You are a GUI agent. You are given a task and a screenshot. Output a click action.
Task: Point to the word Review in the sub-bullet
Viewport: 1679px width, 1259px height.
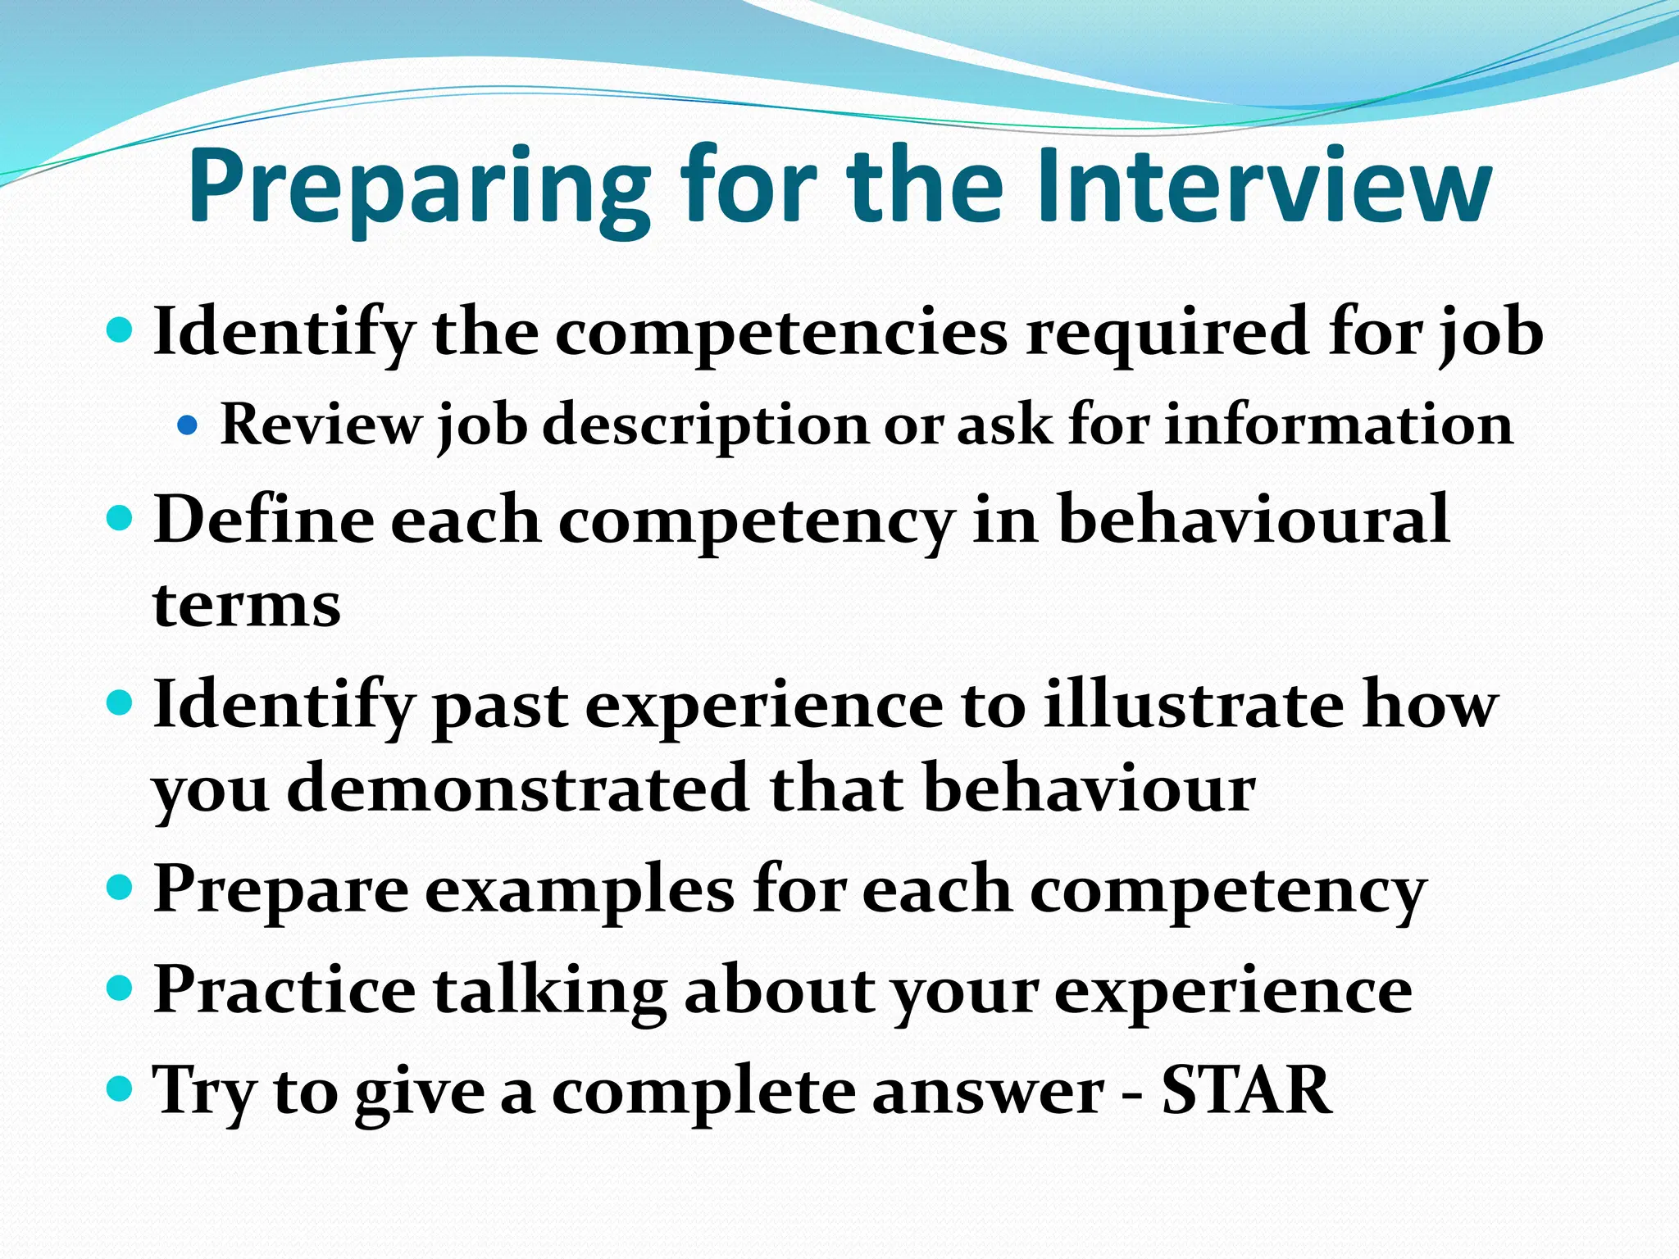(320, 425)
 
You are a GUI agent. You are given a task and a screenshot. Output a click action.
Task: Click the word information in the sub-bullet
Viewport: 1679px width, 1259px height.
(1339, 425)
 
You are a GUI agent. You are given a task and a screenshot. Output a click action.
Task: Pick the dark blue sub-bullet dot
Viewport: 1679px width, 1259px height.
(188, 425)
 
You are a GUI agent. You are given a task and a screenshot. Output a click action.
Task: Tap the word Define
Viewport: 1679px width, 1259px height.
(262, 519)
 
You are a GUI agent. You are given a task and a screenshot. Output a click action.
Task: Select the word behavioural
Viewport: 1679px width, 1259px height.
(1254, 519)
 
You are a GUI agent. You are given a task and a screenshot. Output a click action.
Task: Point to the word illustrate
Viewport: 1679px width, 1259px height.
(1193, 704)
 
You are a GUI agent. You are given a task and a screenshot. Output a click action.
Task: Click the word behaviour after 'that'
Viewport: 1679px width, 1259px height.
(1090, 789)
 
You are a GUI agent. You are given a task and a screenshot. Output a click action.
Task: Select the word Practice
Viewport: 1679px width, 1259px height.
(284, 989)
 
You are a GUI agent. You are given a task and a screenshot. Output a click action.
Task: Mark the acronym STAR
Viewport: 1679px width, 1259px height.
(1247, 1090)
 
